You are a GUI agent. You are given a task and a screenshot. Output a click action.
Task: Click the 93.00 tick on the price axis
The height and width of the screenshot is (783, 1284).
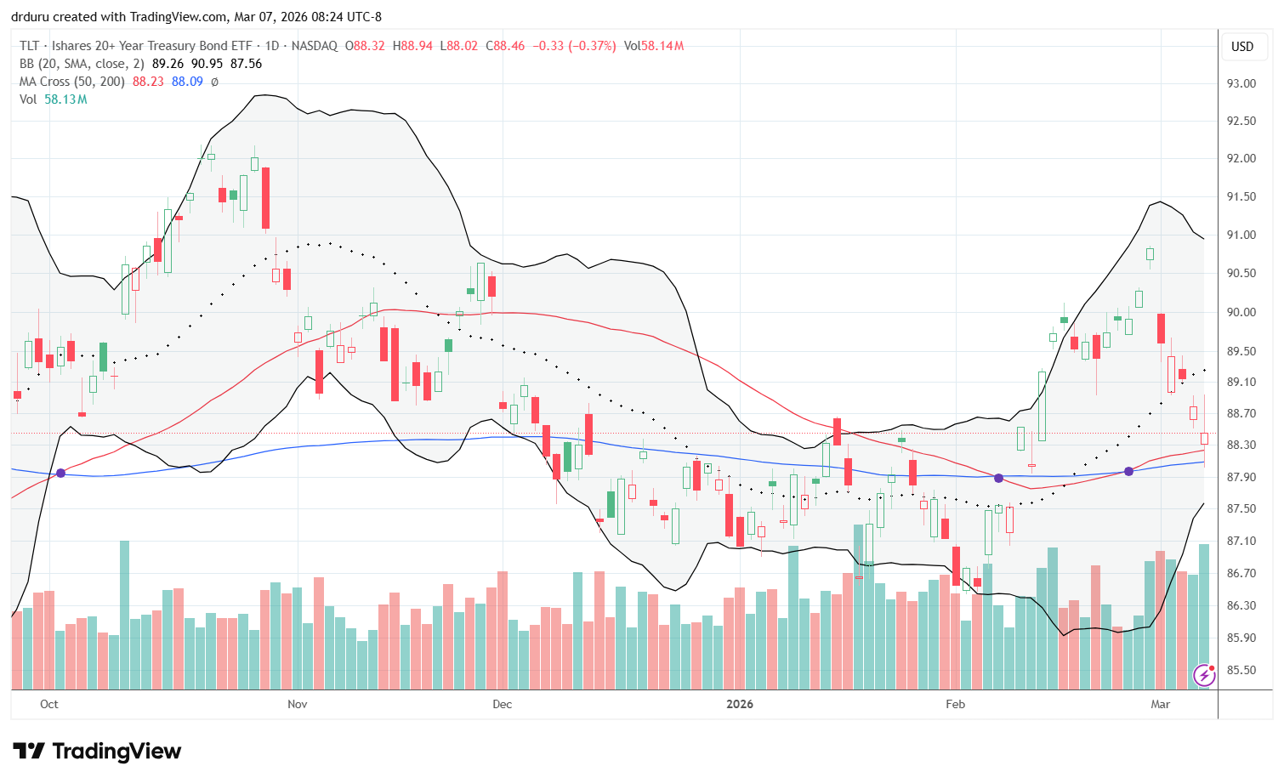1241,83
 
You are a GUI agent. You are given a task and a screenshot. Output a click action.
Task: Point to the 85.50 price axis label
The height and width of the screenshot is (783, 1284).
1241,670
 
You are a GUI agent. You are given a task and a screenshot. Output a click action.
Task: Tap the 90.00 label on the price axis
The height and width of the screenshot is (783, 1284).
1241,312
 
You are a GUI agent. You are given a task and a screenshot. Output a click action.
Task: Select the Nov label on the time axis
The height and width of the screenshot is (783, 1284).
298,704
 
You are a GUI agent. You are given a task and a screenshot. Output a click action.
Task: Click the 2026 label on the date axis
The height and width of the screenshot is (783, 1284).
740,704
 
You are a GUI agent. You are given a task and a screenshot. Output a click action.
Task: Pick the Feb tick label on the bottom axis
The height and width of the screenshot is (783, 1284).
956,704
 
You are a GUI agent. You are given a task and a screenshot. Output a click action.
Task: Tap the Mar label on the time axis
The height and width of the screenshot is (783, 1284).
1160,704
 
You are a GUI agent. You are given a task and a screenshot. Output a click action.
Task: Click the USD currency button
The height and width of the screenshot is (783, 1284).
1242,47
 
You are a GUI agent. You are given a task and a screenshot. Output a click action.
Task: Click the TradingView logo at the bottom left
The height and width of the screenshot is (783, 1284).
97,752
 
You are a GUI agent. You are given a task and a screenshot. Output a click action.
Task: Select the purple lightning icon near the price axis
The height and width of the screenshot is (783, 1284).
1204,675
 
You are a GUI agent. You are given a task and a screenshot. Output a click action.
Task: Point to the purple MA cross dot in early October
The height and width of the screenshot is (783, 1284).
60,473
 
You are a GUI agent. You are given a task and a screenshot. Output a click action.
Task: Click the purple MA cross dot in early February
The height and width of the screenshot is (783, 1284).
999,478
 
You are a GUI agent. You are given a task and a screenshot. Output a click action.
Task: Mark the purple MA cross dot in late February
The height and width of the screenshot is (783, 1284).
1129,471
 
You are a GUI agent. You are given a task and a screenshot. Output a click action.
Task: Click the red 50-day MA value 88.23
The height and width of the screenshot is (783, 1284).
148,82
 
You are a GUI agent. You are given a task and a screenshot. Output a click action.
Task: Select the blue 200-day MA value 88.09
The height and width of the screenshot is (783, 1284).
187,82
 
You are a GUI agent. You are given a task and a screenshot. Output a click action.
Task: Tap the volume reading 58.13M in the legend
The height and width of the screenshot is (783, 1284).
65,99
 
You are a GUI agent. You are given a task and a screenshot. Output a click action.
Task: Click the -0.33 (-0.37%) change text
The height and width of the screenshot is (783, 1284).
574,46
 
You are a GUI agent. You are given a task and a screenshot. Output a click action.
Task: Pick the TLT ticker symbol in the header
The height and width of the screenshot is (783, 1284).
30,46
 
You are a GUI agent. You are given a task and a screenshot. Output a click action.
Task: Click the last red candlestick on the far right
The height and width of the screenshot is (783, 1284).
1204,439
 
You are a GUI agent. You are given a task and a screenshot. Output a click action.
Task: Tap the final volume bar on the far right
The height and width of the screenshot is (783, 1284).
1204,616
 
